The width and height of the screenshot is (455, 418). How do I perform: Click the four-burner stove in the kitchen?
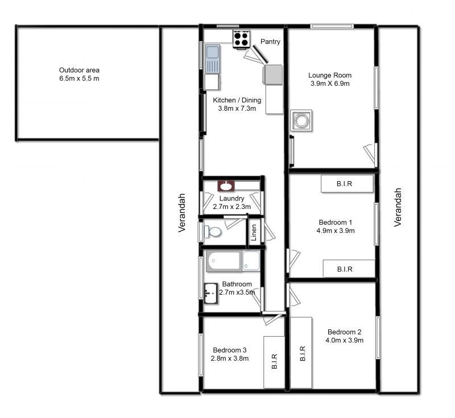(241, 39)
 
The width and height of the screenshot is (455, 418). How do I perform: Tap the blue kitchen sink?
(213, 59)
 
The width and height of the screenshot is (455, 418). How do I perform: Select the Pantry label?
(270, 41)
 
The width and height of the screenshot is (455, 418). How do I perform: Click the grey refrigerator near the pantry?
(273, 75)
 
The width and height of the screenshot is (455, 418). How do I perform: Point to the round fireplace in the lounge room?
(301, 120)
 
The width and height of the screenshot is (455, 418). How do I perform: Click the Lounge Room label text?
(330, 76)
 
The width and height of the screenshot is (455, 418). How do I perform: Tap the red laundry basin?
(226, 186)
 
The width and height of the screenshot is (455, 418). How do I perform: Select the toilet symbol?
(212, 232)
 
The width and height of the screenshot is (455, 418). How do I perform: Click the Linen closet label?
(254, 232)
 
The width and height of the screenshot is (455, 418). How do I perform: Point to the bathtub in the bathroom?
(224, 261)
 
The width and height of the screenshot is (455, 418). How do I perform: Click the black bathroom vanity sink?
(210, 294)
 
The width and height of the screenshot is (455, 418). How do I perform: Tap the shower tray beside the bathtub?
(251, 261)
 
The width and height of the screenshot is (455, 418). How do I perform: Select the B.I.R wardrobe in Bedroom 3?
(274, 362)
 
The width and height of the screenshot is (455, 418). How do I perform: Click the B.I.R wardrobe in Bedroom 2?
(301, 353)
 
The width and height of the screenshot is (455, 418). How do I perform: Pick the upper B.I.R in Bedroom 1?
(347, 183)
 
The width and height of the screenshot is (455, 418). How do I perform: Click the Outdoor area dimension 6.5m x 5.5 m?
(79, 78)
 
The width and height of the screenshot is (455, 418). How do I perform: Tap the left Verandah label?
(181, 213)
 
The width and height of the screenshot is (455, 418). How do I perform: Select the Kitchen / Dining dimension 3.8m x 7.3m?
(237, 108)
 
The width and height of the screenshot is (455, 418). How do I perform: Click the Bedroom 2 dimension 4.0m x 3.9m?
(345, 340)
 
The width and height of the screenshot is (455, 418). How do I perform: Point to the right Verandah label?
(398, 207)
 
